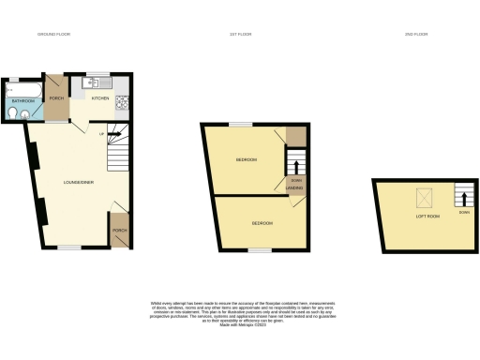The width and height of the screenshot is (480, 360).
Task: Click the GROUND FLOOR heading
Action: tap(54, 34)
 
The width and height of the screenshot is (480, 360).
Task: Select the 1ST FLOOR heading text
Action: tap(241, 34)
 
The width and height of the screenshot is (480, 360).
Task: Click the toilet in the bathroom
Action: tap(10, 112)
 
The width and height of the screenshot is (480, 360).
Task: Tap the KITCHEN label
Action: tap(100, 97)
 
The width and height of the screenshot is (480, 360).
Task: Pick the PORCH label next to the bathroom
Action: tap(56, 97)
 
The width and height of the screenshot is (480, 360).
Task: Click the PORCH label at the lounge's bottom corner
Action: tap(119, 230)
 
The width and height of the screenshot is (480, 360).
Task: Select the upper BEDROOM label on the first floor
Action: tap(247, 159)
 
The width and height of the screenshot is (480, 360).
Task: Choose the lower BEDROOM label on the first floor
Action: tap(262, 223)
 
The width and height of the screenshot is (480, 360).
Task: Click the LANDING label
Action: tap(293, 188)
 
